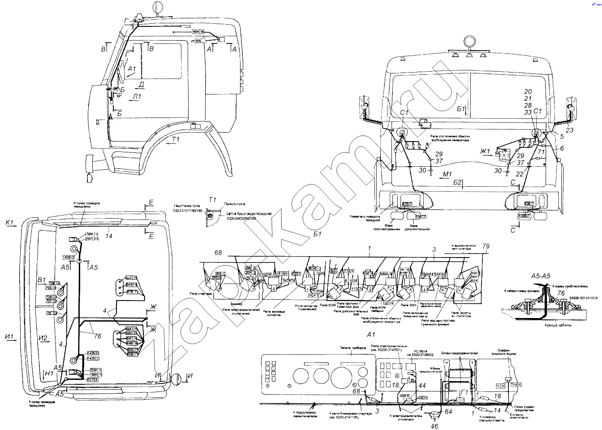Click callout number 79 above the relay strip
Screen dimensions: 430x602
(486, 246)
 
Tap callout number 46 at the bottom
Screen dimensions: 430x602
(434, 426)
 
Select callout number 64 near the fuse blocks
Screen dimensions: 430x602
(448, 411)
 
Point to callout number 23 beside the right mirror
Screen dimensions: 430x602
(569, 130)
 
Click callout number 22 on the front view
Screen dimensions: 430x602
(520, 174)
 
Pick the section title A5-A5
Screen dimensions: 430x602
(540, 276)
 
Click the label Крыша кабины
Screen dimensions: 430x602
(558, 325)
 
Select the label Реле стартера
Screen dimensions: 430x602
(200, 294)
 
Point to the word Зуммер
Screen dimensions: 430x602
(236, 304)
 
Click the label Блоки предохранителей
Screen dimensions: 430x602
(459, 353)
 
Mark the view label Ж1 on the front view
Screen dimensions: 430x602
(486, 151)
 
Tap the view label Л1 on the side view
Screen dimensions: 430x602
(137, 96)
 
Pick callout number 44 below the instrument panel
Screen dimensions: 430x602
(422, 385)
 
